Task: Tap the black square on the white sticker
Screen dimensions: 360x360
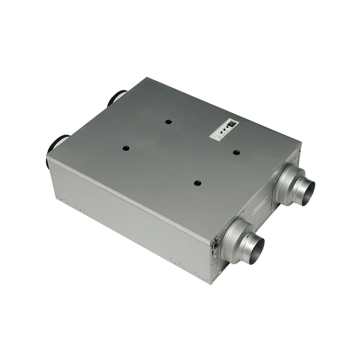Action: point(232,123)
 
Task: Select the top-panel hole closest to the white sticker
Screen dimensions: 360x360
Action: point(236,153)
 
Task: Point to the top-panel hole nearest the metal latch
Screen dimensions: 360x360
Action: point(197,183)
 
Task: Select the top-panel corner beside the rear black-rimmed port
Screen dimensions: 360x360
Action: point(129,79)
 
